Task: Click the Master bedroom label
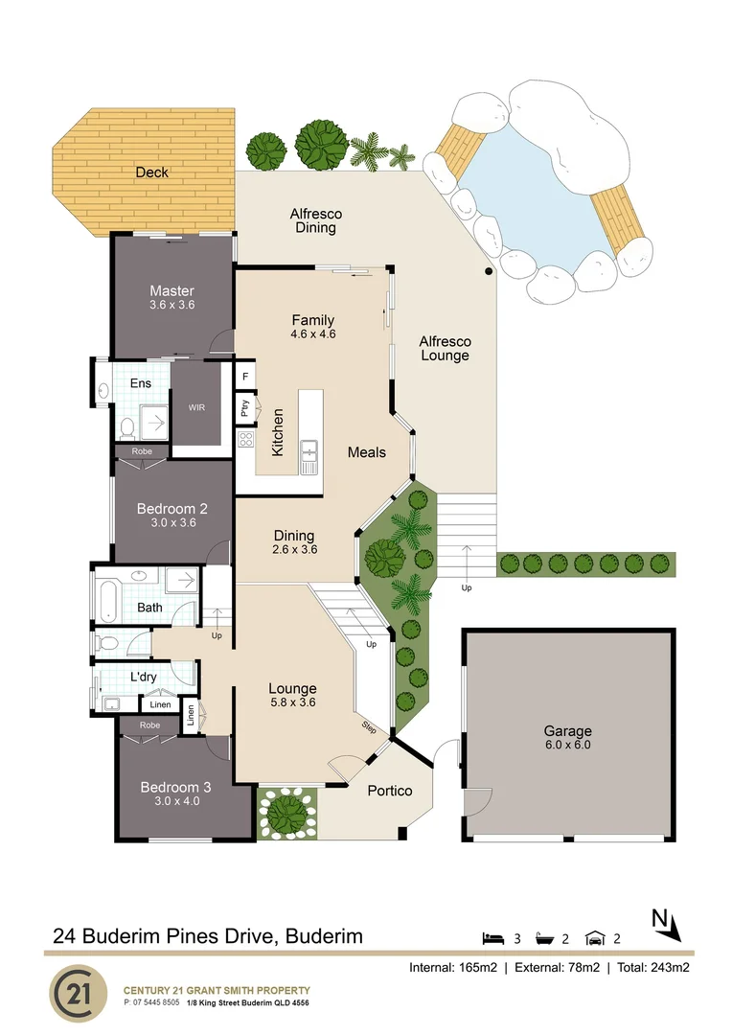172,290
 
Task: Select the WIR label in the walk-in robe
196,405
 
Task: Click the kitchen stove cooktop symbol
245,441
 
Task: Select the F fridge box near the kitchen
245,377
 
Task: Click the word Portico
390,791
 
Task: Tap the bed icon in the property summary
492,937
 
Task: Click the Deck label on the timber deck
151,172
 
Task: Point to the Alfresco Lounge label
446,349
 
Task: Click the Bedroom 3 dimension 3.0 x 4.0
170,802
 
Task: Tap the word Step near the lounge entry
370,727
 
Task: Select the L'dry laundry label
144,678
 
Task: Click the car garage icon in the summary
596,937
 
